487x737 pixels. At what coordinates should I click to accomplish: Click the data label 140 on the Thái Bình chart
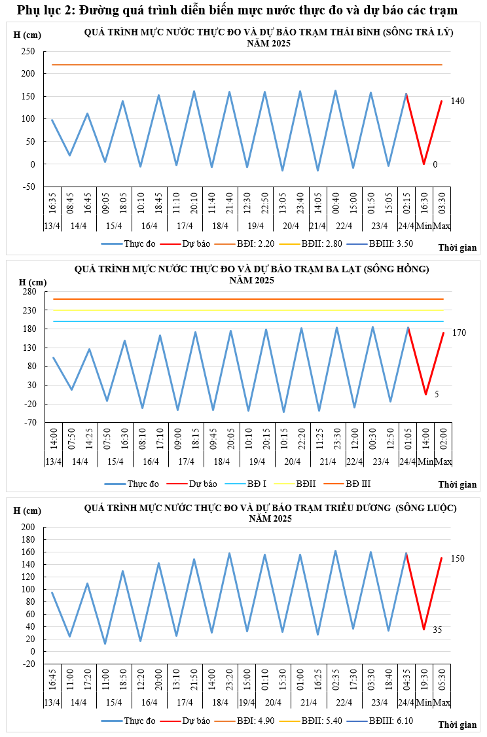click(458, 101)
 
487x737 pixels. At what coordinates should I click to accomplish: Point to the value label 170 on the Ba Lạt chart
click(459, 333)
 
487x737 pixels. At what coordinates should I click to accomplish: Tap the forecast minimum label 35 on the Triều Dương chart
click(437, 630)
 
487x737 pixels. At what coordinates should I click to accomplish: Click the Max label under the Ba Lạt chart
click(443, 462)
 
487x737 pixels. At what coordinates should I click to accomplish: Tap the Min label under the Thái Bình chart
click(424, 226)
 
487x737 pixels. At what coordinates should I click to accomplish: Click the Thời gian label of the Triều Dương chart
click(458, 725)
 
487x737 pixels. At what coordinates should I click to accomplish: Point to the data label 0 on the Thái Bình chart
click(435, 164)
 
